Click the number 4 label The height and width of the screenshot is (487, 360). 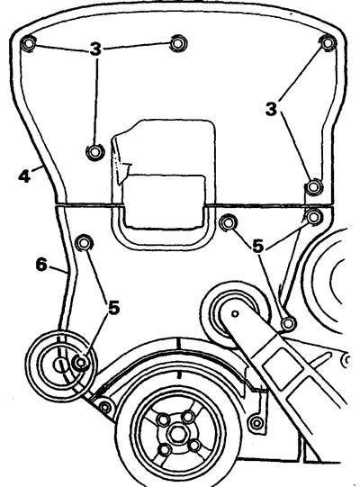coord(24,176)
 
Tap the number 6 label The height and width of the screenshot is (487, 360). coord(41,265)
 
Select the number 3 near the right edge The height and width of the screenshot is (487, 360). coord(271,109)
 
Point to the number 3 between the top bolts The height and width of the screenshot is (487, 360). coord(96,50)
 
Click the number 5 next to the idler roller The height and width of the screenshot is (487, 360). coord(258,247)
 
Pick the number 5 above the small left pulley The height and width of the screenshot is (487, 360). coord(114,308)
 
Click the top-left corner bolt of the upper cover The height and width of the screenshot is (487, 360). coord(29,43)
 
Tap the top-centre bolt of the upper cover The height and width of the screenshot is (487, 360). coord(178,43)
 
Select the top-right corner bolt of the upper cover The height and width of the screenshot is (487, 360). coord(328,43)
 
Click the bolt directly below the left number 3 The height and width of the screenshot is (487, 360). coord(95,152)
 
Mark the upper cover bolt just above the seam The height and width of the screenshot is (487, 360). coord(313,187)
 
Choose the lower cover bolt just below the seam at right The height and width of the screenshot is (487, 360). coord(314,216)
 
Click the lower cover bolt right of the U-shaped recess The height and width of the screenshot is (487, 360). coord(229,222)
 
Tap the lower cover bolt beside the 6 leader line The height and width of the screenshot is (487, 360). coord(84,243)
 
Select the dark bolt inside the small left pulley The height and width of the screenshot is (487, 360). coord(80,362)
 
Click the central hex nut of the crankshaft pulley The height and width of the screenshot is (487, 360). coord(176,434)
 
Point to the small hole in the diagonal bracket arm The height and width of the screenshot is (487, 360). coord(235,313)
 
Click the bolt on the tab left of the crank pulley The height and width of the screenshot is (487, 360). coord(105,407)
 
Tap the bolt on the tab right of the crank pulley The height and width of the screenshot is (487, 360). coord(256,422)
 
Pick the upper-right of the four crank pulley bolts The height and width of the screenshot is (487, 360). coord(188,417)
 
